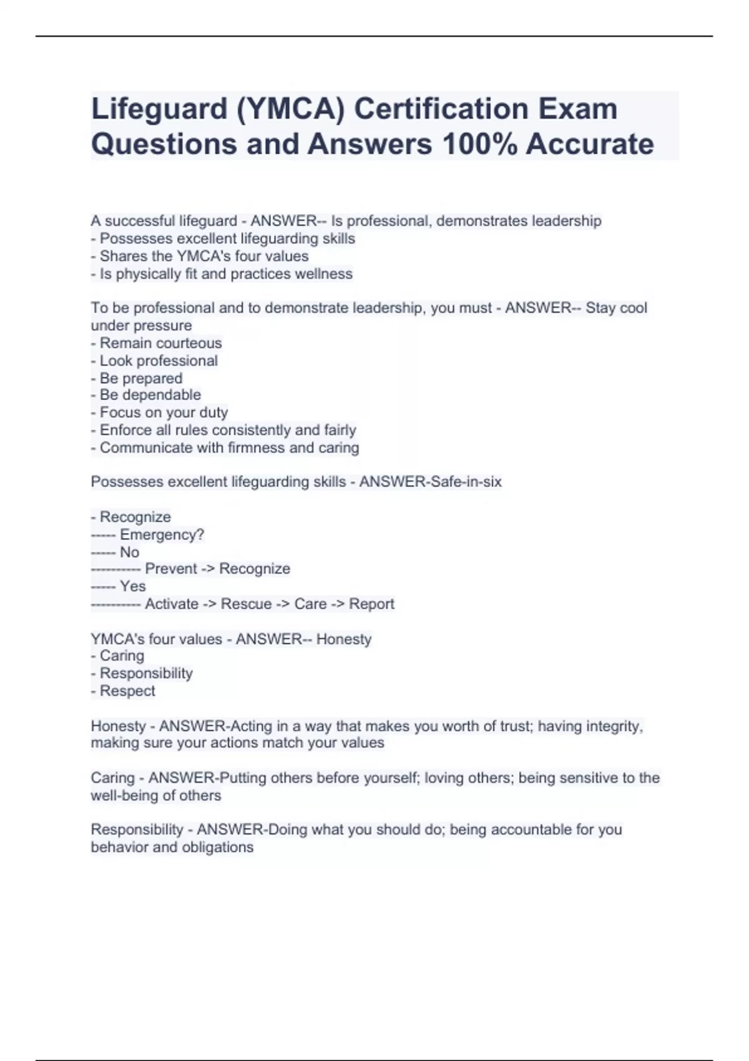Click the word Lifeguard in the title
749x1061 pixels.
pos(159,109)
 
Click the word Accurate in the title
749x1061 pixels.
pos(589,144)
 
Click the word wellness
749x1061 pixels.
pos(325,274)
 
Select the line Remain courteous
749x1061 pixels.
pos(160,343)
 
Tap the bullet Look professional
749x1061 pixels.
pos(159,361)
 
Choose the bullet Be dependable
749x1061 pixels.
pos(150,395)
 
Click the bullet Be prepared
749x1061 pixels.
pos(141,378)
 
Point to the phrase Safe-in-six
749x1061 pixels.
pos(466,482)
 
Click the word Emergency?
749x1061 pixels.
pos(162,535)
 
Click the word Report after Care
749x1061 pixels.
pos(371,604)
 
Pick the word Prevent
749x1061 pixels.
pos(174,569)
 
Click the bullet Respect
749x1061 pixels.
pos(127,691)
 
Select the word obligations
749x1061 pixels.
pos(217,848)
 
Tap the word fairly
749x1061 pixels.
pos(340,430)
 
